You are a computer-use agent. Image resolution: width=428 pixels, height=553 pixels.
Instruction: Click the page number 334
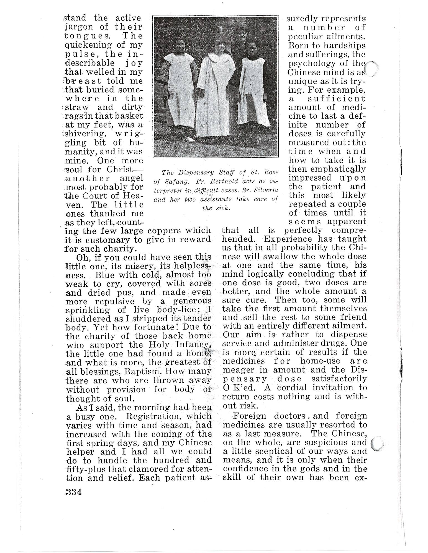[x=73, y=492]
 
